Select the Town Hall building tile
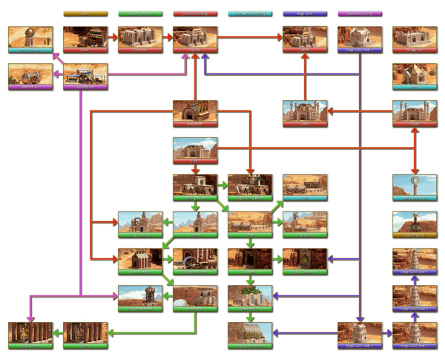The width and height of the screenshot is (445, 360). point(140,39)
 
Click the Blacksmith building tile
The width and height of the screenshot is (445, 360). point(194,112)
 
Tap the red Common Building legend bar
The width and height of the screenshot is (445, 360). point(194,13)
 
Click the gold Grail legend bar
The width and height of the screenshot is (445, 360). point(85,13)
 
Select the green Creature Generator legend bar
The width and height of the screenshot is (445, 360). point(140,13)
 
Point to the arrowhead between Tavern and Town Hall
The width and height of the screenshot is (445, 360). point(115,36)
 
